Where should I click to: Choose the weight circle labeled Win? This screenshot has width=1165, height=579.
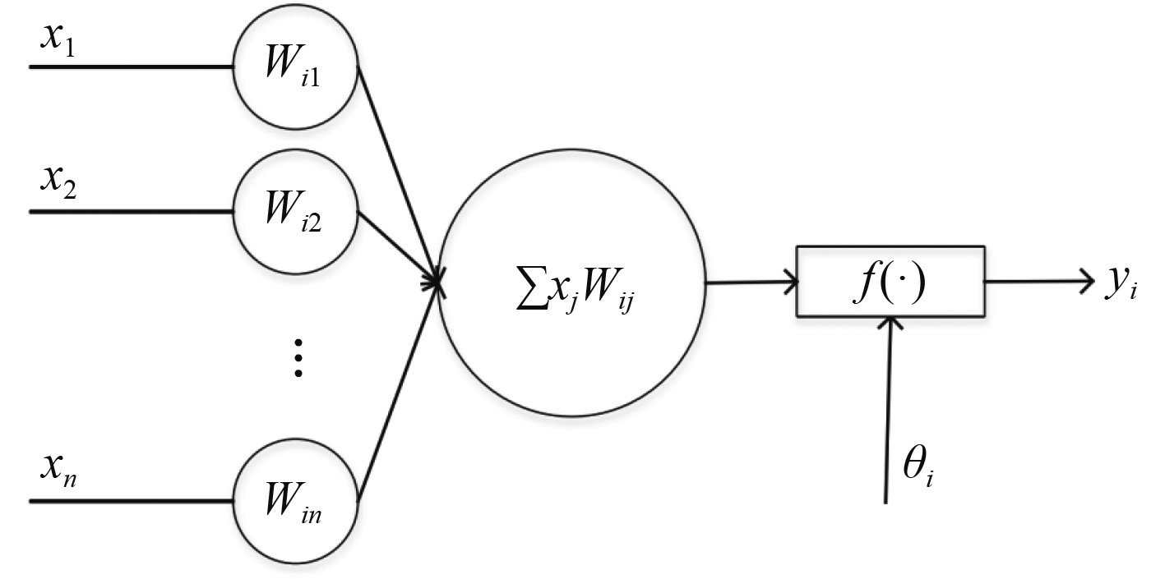pos(296,501)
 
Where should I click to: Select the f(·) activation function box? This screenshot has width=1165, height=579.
pos(890,282)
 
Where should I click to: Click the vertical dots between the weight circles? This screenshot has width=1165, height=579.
pos(298,358)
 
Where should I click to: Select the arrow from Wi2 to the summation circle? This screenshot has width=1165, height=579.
pos(399,247)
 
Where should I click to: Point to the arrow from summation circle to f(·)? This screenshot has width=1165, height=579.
pos(750,284)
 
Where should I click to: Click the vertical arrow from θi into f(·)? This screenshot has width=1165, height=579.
pos(888,411)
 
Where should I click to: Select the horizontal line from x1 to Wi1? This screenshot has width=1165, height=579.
pos(132,66)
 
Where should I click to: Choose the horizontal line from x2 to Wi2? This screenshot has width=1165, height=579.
pos(132,211)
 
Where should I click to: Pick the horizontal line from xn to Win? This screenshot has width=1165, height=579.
pos(132,500)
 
